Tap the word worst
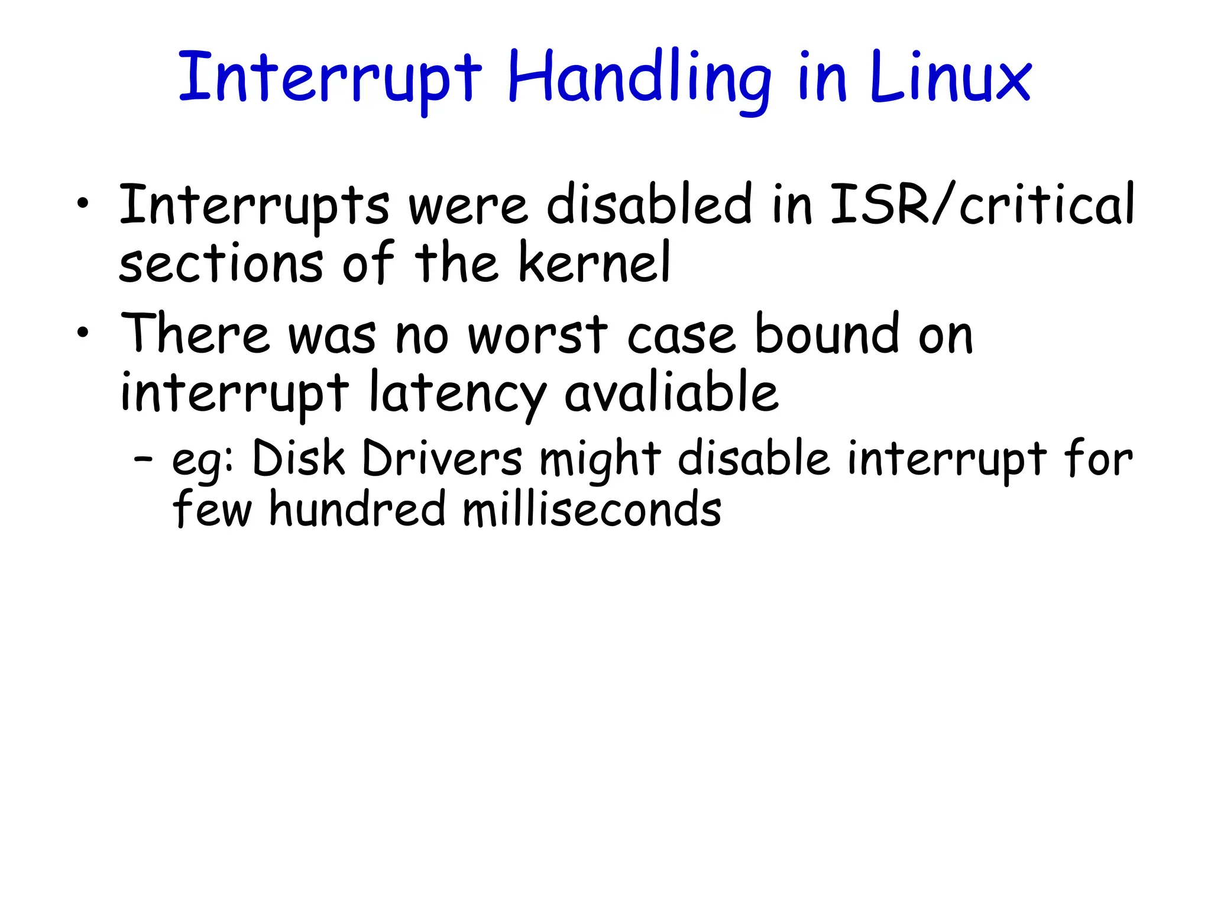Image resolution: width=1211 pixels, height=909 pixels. pos(537,334)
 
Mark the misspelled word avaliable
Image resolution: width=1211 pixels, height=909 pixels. pos(671,392)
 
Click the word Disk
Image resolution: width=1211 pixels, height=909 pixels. pos(299,459)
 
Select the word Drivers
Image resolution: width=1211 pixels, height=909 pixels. pos(442,459)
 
